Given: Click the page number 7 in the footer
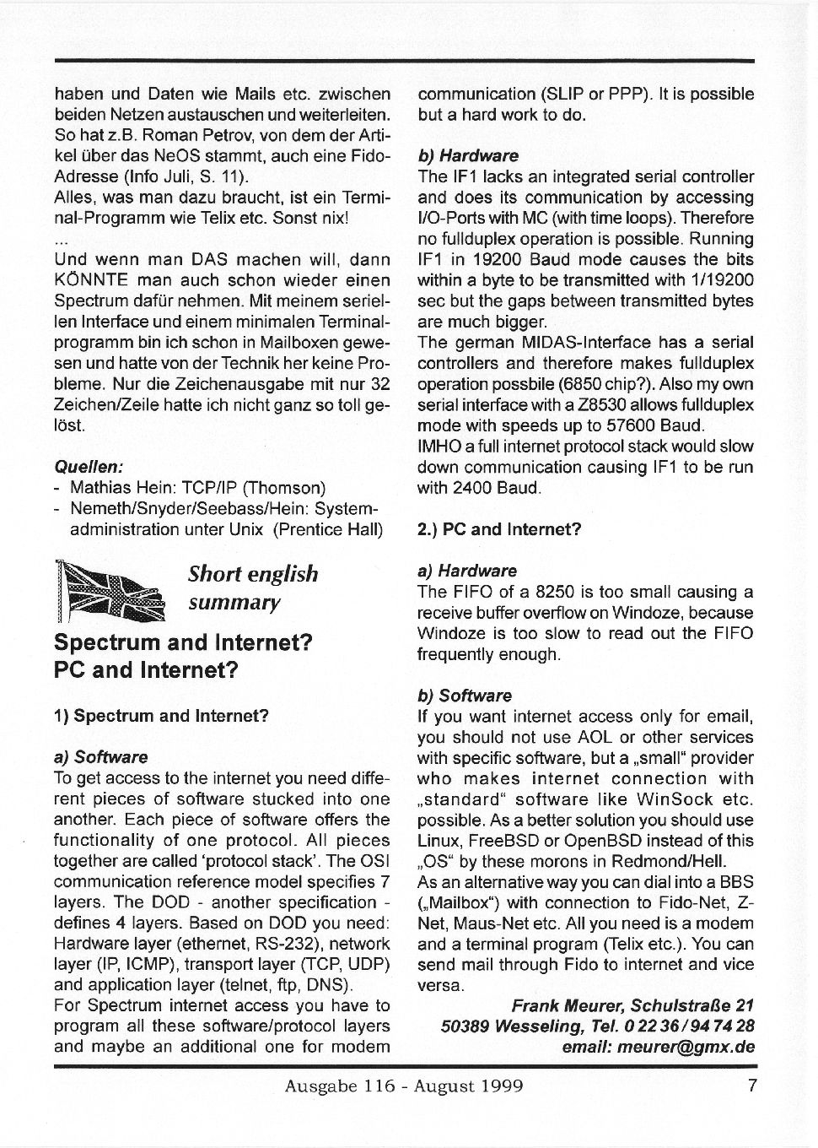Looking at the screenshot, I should point(752,1086).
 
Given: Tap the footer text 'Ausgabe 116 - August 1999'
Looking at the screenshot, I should point(404,1086).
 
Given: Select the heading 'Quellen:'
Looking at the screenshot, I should point(89,467).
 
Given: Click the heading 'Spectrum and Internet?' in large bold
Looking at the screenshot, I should point(183,642).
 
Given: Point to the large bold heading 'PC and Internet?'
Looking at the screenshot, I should point(146,671).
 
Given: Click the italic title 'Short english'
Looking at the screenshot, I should point(253,574).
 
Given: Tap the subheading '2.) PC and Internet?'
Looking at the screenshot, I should point(499,529).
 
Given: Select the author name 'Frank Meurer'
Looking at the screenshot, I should point(567,1005).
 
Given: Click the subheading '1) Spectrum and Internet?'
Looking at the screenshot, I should point(160,716).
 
